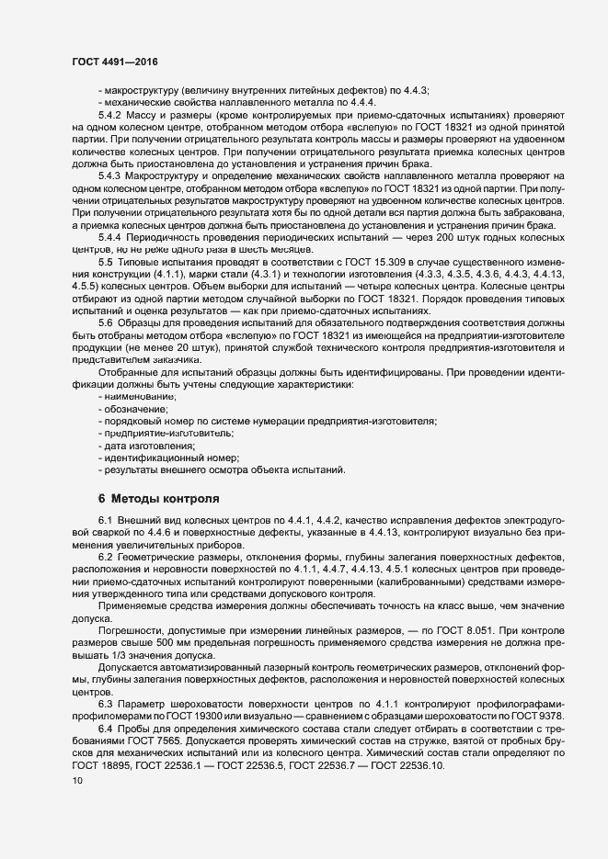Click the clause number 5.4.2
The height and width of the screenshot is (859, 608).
coord(110,115)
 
